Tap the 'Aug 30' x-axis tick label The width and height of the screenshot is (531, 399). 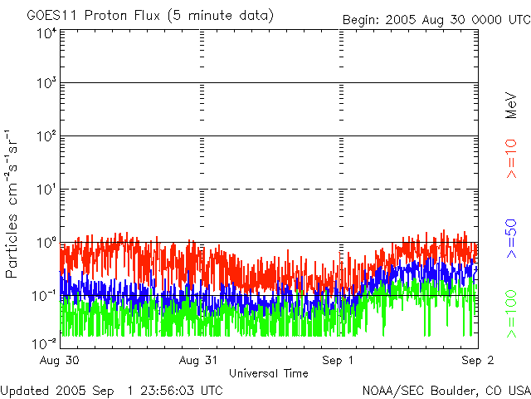click(61, 360)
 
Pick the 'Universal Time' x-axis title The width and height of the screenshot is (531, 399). click(268, 373)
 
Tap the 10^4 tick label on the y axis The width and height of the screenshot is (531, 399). click(46, 32)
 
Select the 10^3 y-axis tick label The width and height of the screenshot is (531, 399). click(46, 84)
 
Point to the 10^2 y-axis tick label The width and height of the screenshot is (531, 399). click(46, 137)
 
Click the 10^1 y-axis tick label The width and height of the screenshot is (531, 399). click(46, 190)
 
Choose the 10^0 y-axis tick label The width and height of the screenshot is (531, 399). click(46, 244)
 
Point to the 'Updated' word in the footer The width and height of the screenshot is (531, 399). click(26, 389)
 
